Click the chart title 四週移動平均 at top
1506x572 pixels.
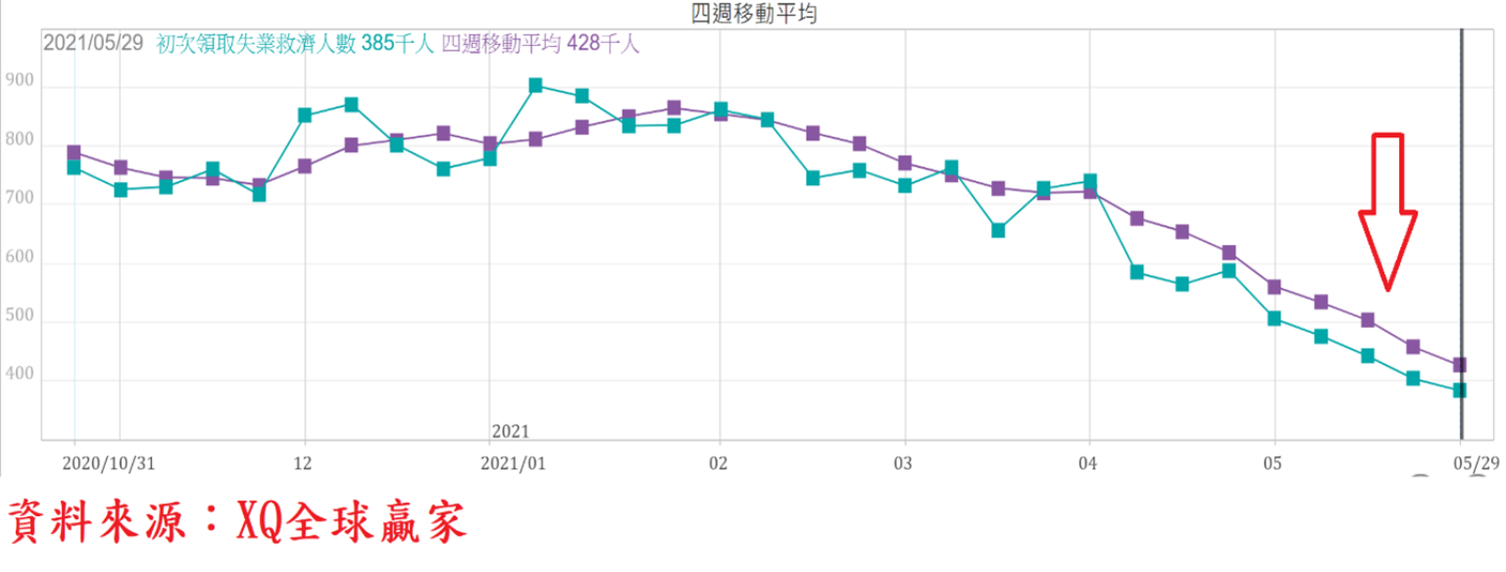(753, 13)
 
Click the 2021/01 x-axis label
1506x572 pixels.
(513, 461)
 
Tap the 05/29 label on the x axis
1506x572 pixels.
(1474, 461)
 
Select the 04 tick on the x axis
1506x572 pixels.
(1089, 461)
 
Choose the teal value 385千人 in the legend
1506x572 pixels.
(397, 44)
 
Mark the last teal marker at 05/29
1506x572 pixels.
(1459, 391)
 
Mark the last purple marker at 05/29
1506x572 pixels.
(1459, 365)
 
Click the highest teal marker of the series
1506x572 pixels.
(535, 85)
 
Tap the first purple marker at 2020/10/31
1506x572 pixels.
(74, 153)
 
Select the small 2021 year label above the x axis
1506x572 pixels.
(510, 431)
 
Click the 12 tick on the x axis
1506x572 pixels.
(304, 461)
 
